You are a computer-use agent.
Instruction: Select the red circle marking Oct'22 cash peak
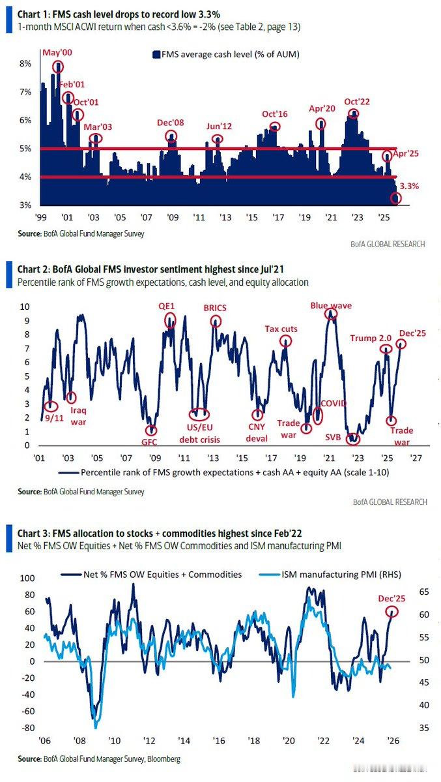tap(353, 113)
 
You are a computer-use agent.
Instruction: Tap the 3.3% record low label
tap(408, 186)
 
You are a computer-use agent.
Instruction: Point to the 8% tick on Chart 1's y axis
tap(26, 64)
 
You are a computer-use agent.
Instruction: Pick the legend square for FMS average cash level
tap(156, 55)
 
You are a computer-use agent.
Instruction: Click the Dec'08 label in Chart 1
tap(171, 123)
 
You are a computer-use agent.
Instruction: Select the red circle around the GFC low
tap(151, 430)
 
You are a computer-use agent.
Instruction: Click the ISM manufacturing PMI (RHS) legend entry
tap(332, 575)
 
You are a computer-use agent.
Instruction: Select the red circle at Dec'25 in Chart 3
tap(391, 612)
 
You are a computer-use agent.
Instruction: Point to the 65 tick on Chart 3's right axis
tap(423, 592)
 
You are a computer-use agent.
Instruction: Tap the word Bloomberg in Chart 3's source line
tap(163, 759)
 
